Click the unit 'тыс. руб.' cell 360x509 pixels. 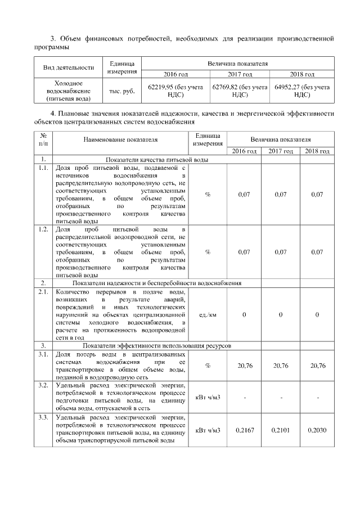click(x=121, y=91)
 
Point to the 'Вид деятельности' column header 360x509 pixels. click(x=69, y=67)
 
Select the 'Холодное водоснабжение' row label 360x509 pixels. click(x=69, y=91)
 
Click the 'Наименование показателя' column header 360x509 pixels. click(x=121, y=139)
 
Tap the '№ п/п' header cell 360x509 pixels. click(x=43, y=139)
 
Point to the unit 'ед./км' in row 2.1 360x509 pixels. click(x=208, y=314)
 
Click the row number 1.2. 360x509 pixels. click(x=43, y=231)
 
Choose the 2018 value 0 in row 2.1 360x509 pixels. click(x=317, y=314)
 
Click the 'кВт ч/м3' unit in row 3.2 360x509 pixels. click(x=208, y=398)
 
